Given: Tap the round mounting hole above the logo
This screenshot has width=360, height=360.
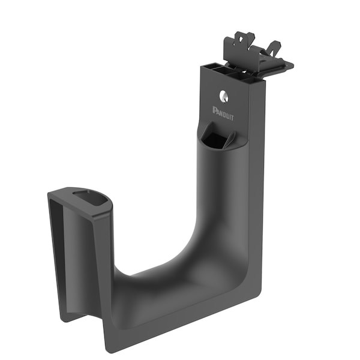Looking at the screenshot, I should [223, 95].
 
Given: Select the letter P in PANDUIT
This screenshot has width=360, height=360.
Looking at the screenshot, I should [215, 109].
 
